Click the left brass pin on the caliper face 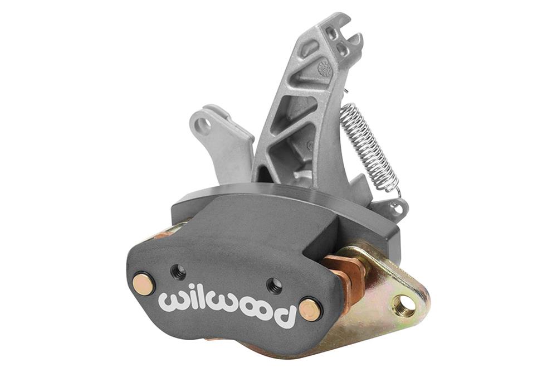point(144,284)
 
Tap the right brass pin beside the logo point(310,309)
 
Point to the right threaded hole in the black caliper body point(274,286)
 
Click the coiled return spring point(369,148)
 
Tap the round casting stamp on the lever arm point(325,69)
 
